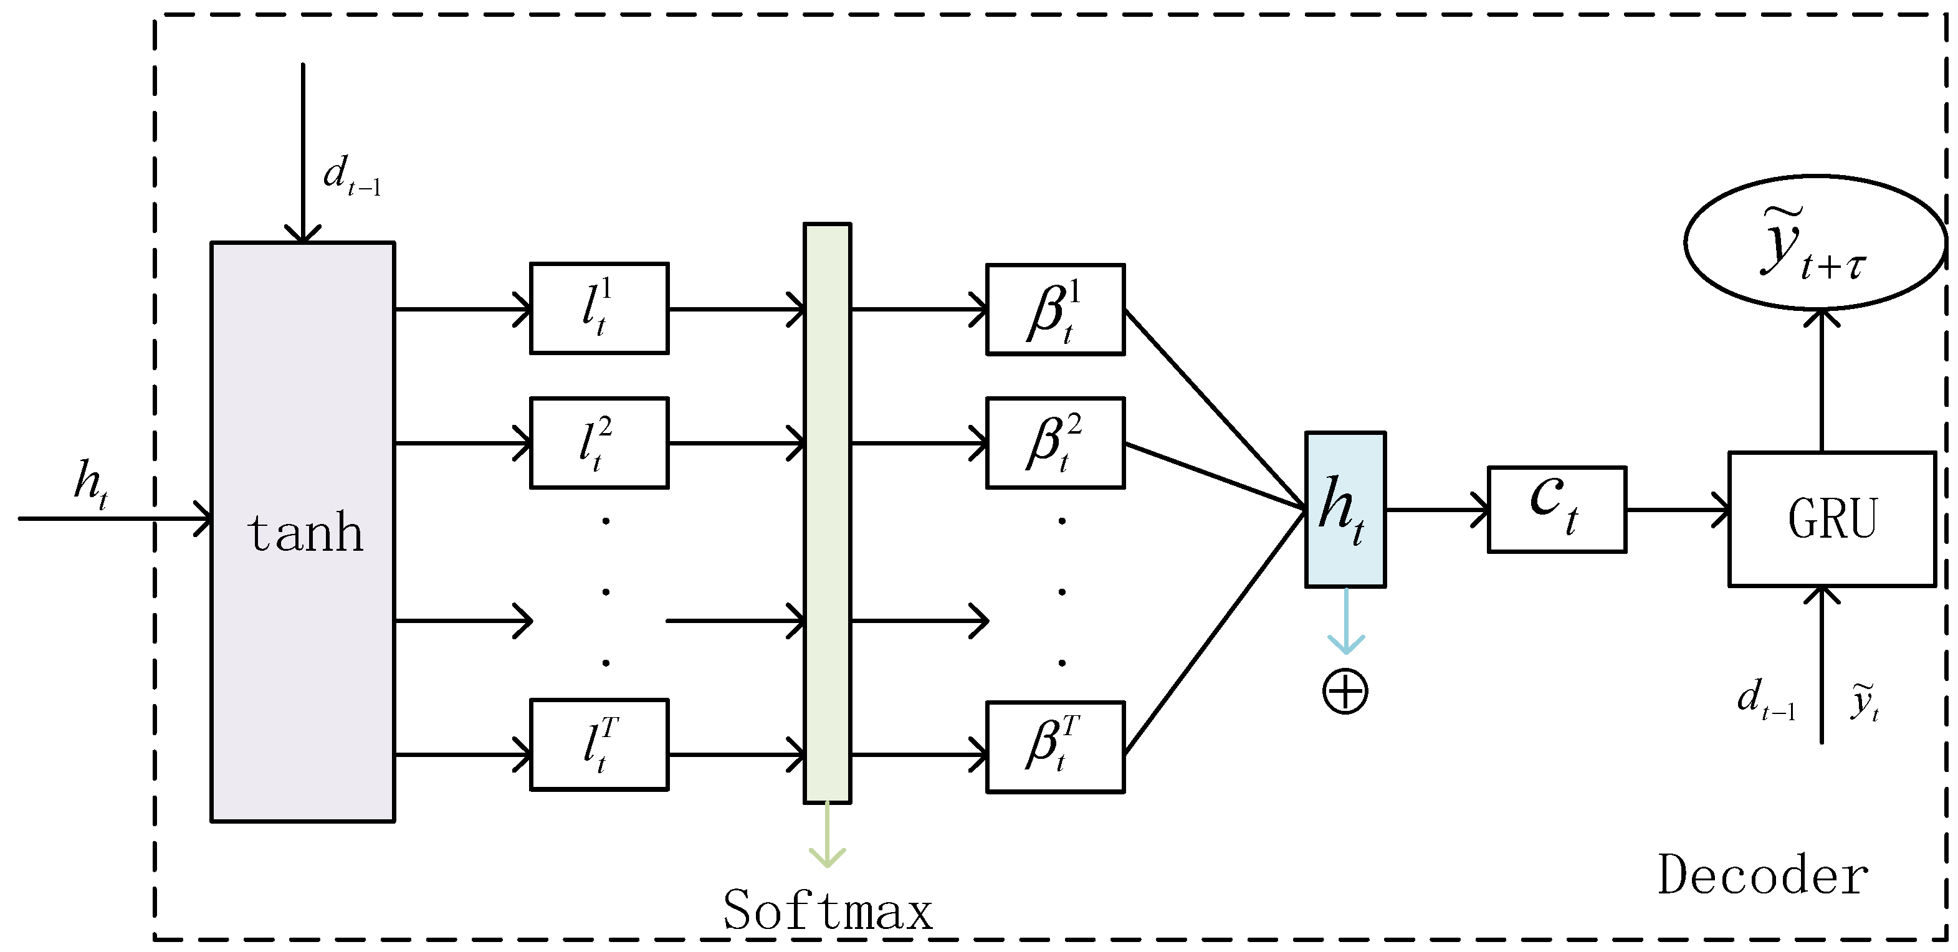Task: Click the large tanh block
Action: (x=302, y=532)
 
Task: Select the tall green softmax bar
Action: (x=827, y=513)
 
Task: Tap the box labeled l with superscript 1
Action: (x=599, y=308)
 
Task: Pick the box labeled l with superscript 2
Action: (x=599, y=442)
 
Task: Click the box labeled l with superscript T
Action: (x=599, y=745)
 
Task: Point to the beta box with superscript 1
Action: (x=1055, y=309)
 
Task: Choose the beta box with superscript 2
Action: (x=1055, y=442)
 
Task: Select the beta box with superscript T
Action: (x=1055, y=747)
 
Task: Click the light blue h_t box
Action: (x=1345, y=509)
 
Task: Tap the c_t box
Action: (x=1557, y=509)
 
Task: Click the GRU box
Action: (x=1832, y=519)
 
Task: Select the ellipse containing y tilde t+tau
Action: (x=1815, y=243)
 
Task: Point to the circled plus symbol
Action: (x=1345, y=692)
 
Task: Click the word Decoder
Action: (x=1764, y=876)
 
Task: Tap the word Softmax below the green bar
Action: (x=827, y=910)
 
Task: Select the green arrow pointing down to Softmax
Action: (x=827, y=835)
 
